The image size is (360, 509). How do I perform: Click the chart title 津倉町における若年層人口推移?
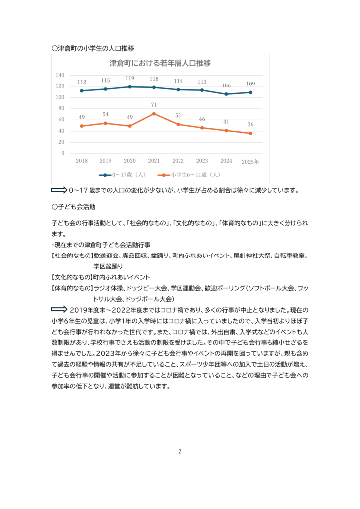pos(160,63)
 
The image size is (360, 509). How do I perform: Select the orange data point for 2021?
pos(154,114)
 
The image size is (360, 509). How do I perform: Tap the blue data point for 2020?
pos(130,87)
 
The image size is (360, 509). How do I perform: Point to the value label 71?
pos(154,105)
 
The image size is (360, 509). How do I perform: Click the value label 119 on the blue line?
pos(130,79)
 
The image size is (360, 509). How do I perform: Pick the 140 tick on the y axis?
pos(60,75)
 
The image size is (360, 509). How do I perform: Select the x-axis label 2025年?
pos(250,161)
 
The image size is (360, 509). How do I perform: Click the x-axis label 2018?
pos(82,161)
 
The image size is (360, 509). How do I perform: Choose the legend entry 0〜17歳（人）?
pos(122,175)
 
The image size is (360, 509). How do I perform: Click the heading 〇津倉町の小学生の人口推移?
pos(92,49)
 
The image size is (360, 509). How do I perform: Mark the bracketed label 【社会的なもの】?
pos(72,256)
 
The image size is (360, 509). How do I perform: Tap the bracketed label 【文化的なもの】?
pos(72,277)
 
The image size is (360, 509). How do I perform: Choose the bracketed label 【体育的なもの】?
pos(72,288)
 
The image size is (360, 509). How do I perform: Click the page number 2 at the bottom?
pos(180,451)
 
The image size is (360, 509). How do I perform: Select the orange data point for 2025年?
pos(250,133)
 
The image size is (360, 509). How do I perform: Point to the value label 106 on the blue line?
pos(226,85)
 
